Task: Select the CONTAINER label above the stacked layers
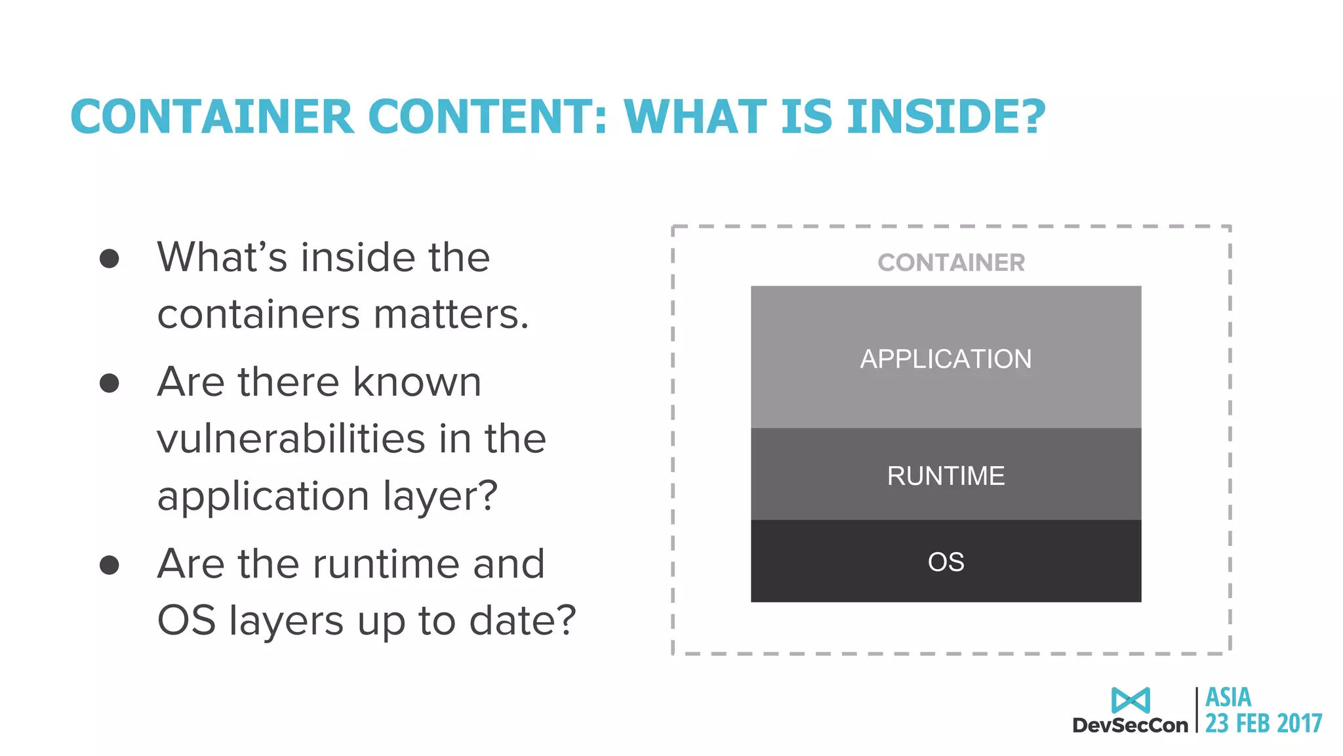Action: click(951, 262)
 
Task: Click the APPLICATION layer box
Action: click(946, 358)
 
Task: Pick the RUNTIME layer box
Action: click(946, 475)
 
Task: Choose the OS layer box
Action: click(946, 562)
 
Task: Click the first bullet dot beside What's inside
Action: click(110, 258)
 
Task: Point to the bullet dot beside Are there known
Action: click(110, 383)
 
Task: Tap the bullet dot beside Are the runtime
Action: click(110, 564)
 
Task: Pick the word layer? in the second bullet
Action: click(440, 495)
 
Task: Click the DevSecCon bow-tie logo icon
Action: click(1131, 700)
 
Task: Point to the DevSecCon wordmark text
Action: click(1130, 725)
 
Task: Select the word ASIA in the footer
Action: click(1228, 697)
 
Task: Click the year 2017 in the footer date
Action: click(1299, 723)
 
